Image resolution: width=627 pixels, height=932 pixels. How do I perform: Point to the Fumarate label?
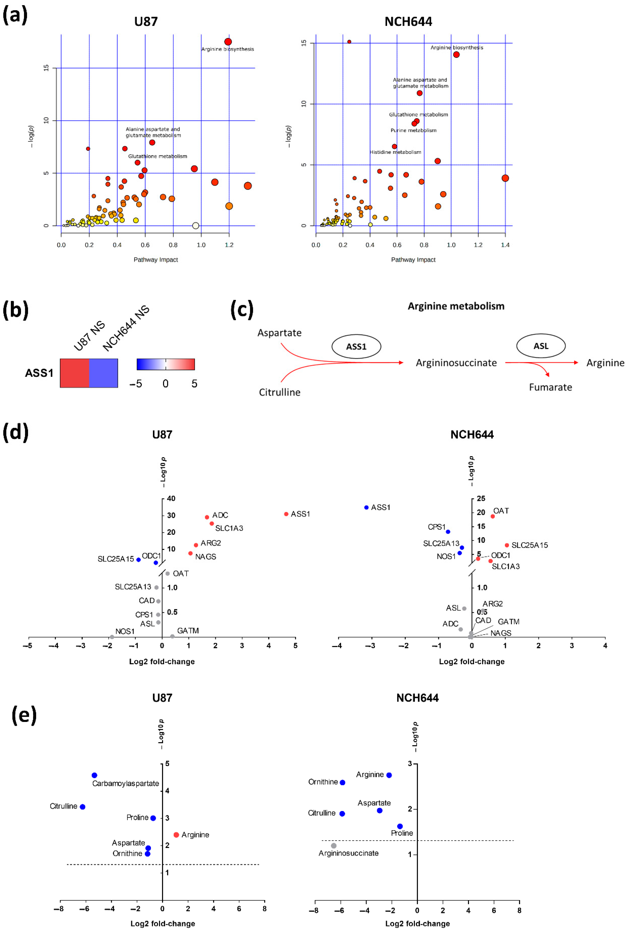pyautogui.click(x=550, y=387)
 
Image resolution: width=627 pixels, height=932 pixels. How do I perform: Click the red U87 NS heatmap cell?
pyautogui.click(x=74, y=373)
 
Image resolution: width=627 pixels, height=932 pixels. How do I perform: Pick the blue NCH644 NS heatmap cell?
pyautogui.click(x=104, y=373)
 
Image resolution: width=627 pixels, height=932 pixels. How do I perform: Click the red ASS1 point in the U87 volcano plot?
pyautogui.click(x=286, y=514)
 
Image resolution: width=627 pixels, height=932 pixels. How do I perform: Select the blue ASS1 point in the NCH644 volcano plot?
pyautogui.click(x=366, y=507)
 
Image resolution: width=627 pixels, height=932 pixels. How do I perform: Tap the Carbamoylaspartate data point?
pyautogui.click(x=94, y=775)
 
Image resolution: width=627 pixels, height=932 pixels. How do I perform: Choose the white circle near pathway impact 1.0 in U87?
pyautogui.click(x=196, y=225)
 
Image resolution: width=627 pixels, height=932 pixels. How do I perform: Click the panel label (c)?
pyautogui.click(x=242, y=310)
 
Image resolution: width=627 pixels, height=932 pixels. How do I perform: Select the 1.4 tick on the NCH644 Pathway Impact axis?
pyautogui.click(x=505, y=245)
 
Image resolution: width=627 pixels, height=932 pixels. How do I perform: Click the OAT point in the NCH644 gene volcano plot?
pyautogui.click(x=493, y=516)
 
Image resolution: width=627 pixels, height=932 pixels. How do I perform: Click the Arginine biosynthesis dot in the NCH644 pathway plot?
pyautogui.click(x=456, y=55)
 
